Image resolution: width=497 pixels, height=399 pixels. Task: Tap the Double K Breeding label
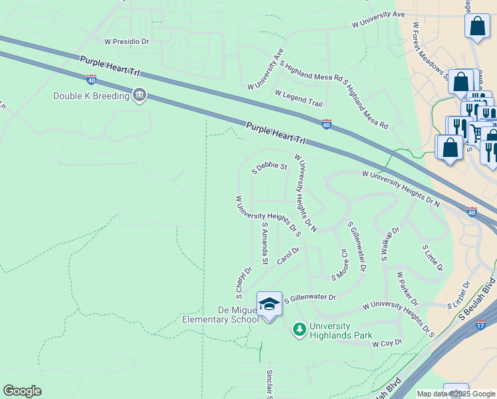[91, 96]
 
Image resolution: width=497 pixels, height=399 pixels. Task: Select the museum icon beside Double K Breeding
[139, 96]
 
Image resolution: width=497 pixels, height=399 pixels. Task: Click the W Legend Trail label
[298, 98]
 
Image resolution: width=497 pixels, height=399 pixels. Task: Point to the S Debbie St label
[269, 167]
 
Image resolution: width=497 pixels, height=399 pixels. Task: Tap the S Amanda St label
[264, 243]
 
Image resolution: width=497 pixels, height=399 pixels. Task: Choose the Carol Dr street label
[288, 255]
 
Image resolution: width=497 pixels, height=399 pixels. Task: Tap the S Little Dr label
[433, 257]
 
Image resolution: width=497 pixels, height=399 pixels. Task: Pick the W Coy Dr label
[387, 343]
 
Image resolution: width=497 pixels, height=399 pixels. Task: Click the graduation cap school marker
[269, 305]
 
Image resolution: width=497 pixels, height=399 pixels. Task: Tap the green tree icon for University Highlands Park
[300, 329]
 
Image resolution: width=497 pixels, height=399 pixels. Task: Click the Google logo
[22, 391]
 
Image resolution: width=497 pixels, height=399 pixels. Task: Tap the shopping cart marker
[475, 131]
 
